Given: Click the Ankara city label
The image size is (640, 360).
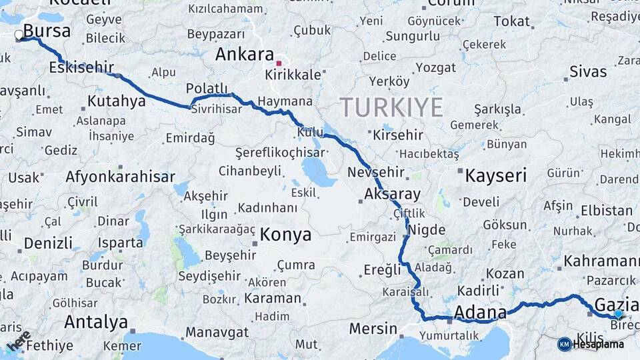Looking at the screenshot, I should [245, 55].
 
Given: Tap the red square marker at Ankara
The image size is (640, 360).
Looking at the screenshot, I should [279, 63].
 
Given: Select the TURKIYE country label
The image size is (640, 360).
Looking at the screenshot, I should [391, 107].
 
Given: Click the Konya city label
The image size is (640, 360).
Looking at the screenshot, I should [285, 235].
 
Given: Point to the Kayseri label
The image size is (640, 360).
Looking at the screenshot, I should [495, 176].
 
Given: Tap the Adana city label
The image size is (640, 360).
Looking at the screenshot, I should [480, 312].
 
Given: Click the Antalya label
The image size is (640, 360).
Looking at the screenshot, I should [96, 323].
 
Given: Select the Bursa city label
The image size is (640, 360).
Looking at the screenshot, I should [47, 31].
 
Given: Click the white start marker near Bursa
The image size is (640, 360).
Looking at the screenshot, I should [19, 35].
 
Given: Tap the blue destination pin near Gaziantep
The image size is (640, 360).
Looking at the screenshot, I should [618, 314].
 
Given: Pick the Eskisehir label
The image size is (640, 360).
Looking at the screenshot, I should [81, 67].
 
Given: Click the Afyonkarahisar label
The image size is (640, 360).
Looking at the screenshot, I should [120, 177].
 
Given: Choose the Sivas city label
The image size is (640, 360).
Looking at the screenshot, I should [588, 71].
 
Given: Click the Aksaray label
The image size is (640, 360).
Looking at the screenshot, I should [393, 195].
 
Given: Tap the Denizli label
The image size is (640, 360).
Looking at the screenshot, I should [48, 243].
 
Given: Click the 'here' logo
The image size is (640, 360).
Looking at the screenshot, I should [18, 340].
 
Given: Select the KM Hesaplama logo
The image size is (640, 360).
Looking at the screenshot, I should [591, 344].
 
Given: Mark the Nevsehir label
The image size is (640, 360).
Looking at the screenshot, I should [376, 172].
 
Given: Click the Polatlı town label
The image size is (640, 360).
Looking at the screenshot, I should [207, 89].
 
